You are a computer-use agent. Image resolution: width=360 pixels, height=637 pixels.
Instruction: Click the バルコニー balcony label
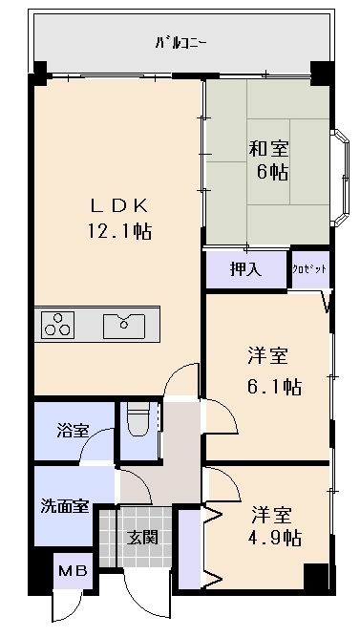(x=181, y=43)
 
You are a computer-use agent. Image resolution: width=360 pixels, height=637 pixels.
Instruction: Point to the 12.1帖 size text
(x=120, y=230)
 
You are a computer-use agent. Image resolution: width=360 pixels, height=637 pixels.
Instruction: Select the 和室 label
(x=270, y=149)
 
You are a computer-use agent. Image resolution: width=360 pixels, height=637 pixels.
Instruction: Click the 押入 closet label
(x=245, y=270)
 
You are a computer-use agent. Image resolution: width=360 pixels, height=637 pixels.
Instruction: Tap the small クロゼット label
(x=309, y=270)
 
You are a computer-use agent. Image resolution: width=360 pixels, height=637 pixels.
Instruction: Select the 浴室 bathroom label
(x=73, y=431)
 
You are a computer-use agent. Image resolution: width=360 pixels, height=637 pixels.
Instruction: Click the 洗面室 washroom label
(x=64, y=506)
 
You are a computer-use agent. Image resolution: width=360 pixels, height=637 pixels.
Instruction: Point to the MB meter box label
(x=72, y=572)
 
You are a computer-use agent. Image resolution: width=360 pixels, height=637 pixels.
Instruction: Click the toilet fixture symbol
(x=139, y=418)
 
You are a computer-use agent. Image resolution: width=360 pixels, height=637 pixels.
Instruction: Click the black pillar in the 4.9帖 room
(x=314, y=577)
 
